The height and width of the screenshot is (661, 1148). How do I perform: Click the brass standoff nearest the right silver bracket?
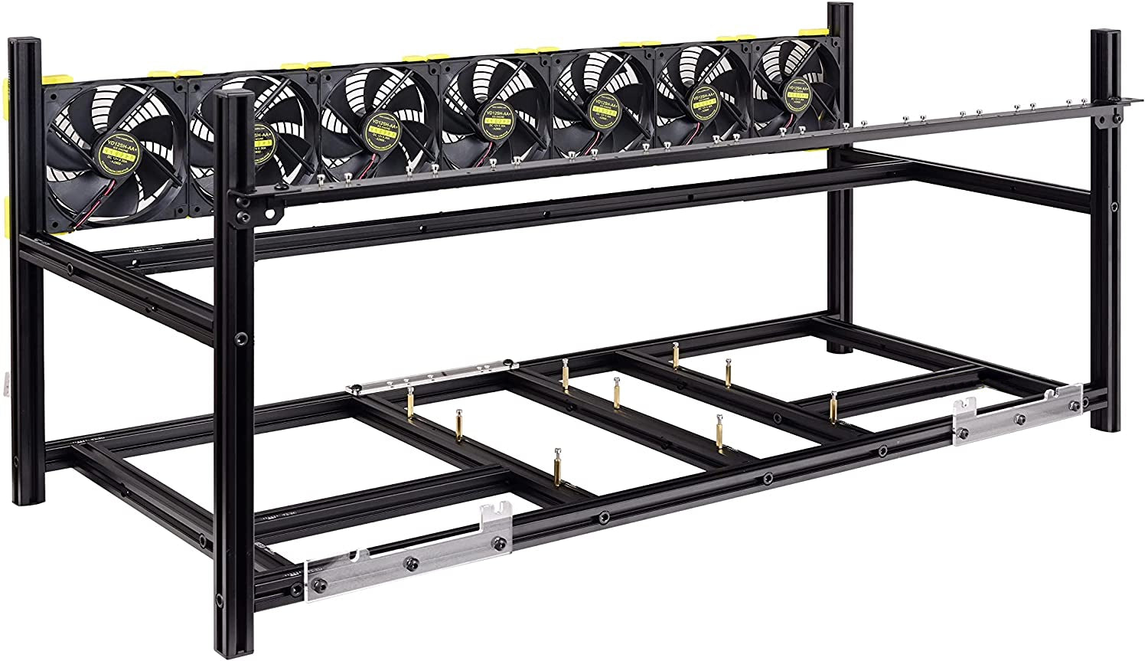(x=833, y=406)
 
